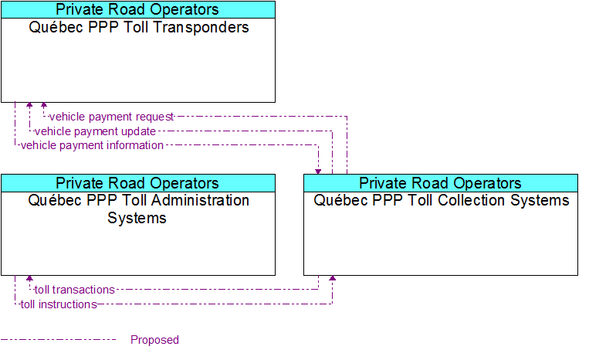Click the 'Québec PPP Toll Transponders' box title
139,28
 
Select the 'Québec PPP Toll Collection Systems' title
442,200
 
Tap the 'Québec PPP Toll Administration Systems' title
138,209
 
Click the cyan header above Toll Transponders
138,10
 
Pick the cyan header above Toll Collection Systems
441,183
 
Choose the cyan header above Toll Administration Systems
138,183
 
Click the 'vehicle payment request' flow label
111,117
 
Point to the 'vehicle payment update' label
95,131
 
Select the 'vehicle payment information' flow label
92,145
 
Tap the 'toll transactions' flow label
74,290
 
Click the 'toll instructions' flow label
59,304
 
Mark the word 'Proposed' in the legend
154,340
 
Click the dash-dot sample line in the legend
58,340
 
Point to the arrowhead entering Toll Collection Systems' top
318,172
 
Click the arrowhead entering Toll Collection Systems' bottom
333,278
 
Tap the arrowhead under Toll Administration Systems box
29,278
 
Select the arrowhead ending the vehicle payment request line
44,105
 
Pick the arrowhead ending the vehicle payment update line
29,105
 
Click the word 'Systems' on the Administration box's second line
137,218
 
